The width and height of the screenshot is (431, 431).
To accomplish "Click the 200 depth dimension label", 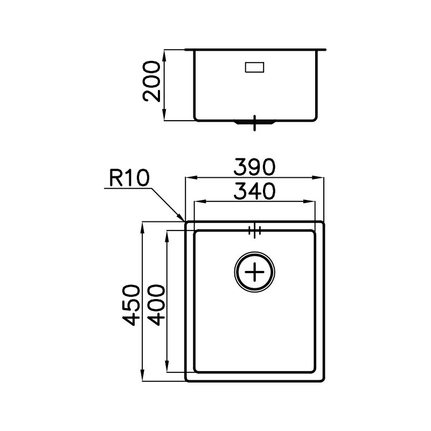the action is point(151,81).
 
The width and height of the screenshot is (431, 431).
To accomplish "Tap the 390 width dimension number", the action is point(254,167).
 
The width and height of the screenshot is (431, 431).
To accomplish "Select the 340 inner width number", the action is point(254,191).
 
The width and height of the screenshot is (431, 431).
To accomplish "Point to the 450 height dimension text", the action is point(131,305).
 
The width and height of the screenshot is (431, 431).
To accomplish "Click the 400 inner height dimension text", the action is point(156,305).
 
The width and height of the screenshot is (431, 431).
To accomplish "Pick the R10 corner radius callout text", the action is point(129,178).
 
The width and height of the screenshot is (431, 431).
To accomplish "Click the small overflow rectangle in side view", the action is point(254,67).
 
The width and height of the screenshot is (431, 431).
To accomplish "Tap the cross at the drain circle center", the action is point(254,272).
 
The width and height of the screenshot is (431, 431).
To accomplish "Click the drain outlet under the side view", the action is point(254,122).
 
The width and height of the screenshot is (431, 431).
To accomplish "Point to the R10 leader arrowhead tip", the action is point(184,220).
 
